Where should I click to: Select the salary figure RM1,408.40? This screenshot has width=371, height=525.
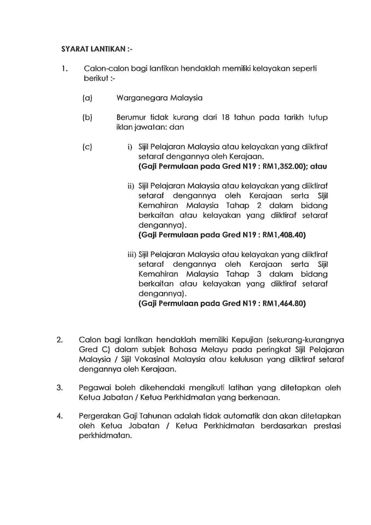pyautogui.click(x=285, y=234)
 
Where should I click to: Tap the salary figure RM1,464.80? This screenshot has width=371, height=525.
pyautogui.click(x=285, y=303)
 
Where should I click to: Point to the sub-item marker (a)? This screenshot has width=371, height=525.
pyautogui.click(x=86, y=98)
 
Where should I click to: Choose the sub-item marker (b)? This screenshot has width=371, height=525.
pyautogui.click(x=86, y=118)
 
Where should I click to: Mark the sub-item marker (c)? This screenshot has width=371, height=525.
pyautogui.click(x=86, y=147)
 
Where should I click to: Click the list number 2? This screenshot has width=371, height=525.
pyautogui.click(x=60, y=340)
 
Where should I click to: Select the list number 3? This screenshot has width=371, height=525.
pyautogui.click(x=60, y=388)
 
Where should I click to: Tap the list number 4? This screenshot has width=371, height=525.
pyautogui.click(x=60, y=416)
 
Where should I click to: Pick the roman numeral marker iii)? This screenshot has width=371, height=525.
pyautogui.click(x=131, y=254)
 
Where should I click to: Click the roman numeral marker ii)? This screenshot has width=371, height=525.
pyautogui.click(x=132, y=185)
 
